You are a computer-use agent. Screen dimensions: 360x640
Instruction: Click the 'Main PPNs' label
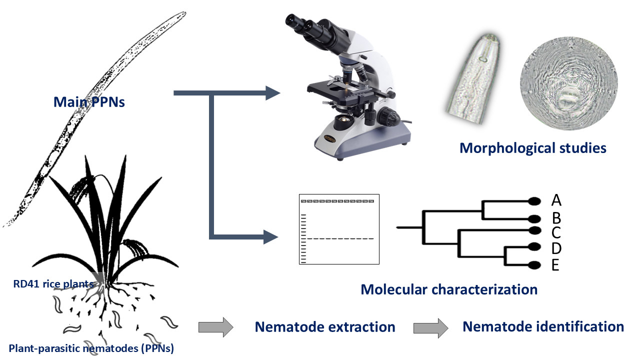(x=89, y=102)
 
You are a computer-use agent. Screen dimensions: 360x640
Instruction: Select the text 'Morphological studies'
(x=532, y=148)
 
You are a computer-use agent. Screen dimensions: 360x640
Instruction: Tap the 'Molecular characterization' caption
(x=449, y=289)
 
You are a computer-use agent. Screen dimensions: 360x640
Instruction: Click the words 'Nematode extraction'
(x=325, y=327)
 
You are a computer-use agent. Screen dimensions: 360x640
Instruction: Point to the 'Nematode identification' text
(x=543, y=326)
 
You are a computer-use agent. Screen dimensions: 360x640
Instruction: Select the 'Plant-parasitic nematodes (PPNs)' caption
(x=91, y=348)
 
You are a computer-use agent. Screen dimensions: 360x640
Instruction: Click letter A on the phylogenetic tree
(x=556, y=200)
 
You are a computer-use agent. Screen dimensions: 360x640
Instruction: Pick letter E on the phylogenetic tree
(x=555, y=265)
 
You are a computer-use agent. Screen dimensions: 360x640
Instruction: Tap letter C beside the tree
(x=556, y=232)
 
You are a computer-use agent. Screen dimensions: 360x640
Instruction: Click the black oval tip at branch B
(x=534, y=218)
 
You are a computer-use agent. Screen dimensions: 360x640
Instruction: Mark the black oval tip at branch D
(x=534, y=246)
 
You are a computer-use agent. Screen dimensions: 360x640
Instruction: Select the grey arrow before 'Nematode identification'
(x=430, y=327)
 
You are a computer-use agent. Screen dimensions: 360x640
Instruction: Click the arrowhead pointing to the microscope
(x=272, y=93)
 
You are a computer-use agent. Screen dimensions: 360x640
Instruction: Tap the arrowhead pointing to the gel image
(x=270, y=235)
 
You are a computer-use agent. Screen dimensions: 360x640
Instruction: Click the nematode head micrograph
(x=475, y=80)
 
